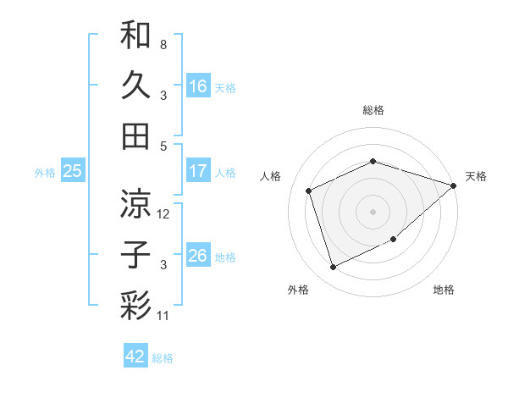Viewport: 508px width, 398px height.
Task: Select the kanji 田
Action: coord(135,135)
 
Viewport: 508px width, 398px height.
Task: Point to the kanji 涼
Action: coord(135,203)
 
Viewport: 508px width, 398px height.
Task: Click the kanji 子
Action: coord(135,254)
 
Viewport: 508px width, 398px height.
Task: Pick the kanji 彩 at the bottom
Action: coord(135,305)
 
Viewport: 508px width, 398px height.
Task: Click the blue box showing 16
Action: coord(198,86)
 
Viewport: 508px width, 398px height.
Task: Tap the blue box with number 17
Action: coord(198,171)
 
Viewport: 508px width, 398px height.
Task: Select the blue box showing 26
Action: coord(198,256)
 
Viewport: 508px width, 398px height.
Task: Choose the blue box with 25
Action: coord(72,171)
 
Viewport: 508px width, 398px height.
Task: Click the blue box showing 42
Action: coord(135,357)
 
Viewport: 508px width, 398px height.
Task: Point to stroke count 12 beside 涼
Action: coord(164,214)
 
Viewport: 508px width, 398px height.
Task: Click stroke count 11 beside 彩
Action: coord(164,316)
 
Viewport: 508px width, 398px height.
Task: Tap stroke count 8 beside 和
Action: coord(163,44)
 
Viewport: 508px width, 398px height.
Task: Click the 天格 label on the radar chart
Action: coord(476,176)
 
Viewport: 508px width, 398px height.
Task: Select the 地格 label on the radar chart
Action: coord(444,290)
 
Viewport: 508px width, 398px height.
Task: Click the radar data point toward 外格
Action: coord(333,268)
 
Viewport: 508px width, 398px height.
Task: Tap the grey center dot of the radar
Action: coord(373,211)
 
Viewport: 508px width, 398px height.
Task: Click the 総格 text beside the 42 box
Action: coord(163,358)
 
